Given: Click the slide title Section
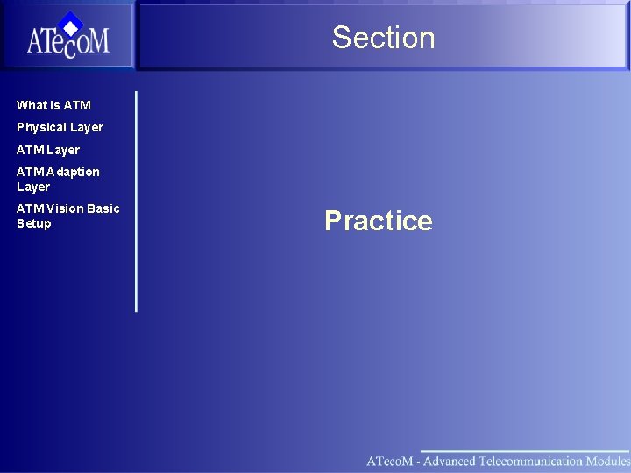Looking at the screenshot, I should tap(383, 38).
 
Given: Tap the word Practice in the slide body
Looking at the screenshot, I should tap(378, 221).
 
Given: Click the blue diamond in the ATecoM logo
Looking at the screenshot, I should tap(71, 24).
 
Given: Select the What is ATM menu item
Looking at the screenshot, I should tap(53, 105).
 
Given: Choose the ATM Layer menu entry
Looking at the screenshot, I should tap(48, 150).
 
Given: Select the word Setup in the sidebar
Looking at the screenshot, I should tap(33, 223).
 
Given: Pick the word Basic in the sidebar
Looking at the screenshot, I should tap(103, 208).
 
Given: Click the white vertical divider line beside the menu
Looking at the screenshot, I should tap(136, 201).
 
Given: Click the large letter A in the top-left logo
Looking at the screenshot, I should tap(38, 40).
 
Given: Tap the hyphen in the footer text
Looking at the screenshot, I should tap(418, 462).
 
